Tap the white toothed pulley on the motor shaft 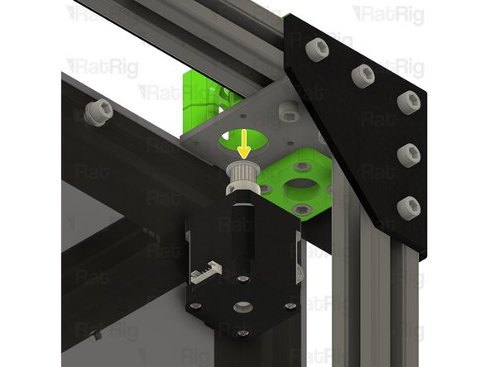[x=245, y=174]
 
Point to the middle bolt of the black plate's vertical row [x=408, y=154]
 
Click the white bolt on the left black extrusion [x=96, y=111]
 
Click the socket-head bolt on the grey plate [x=289, y=110]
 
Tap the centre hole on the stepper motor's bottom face [x=243, y=307]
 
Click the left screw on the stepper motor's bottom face [x=199, y=307]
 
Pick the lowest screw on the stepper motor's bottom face [x=242, y=333]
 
